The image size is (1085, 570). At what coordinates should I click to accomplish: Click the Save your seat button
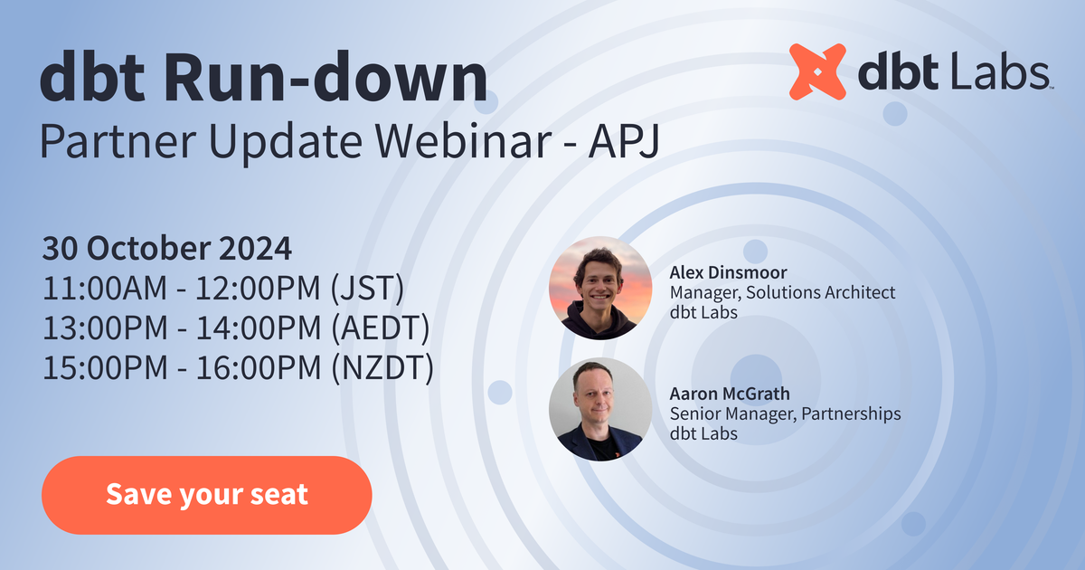[206, 495]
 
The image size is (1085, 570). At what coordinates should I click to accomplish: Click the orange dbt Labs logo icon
[817, 71]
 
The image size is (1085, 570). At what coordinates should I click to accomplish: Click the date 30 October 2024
[167, 248]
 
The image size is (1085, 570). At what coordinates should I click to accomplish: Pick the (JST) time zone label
[367, 289]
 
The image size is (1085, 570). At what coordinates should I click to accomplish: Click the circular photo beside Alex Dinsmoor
[600, 288]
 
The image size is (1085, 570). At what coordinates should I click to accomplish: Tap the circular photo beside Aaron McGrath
[600, 409]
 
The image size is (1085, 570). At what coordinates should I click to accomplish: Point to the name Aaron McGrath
[730, 394]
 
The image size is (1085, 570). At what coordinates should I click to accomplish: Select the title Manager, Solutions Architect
[782, 292]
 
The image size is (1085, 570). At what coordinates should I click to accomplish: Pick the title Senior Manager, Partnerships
[785, 413]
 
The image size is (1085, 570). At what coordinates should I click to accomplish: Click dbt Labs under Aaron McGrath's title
[703, 433]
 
